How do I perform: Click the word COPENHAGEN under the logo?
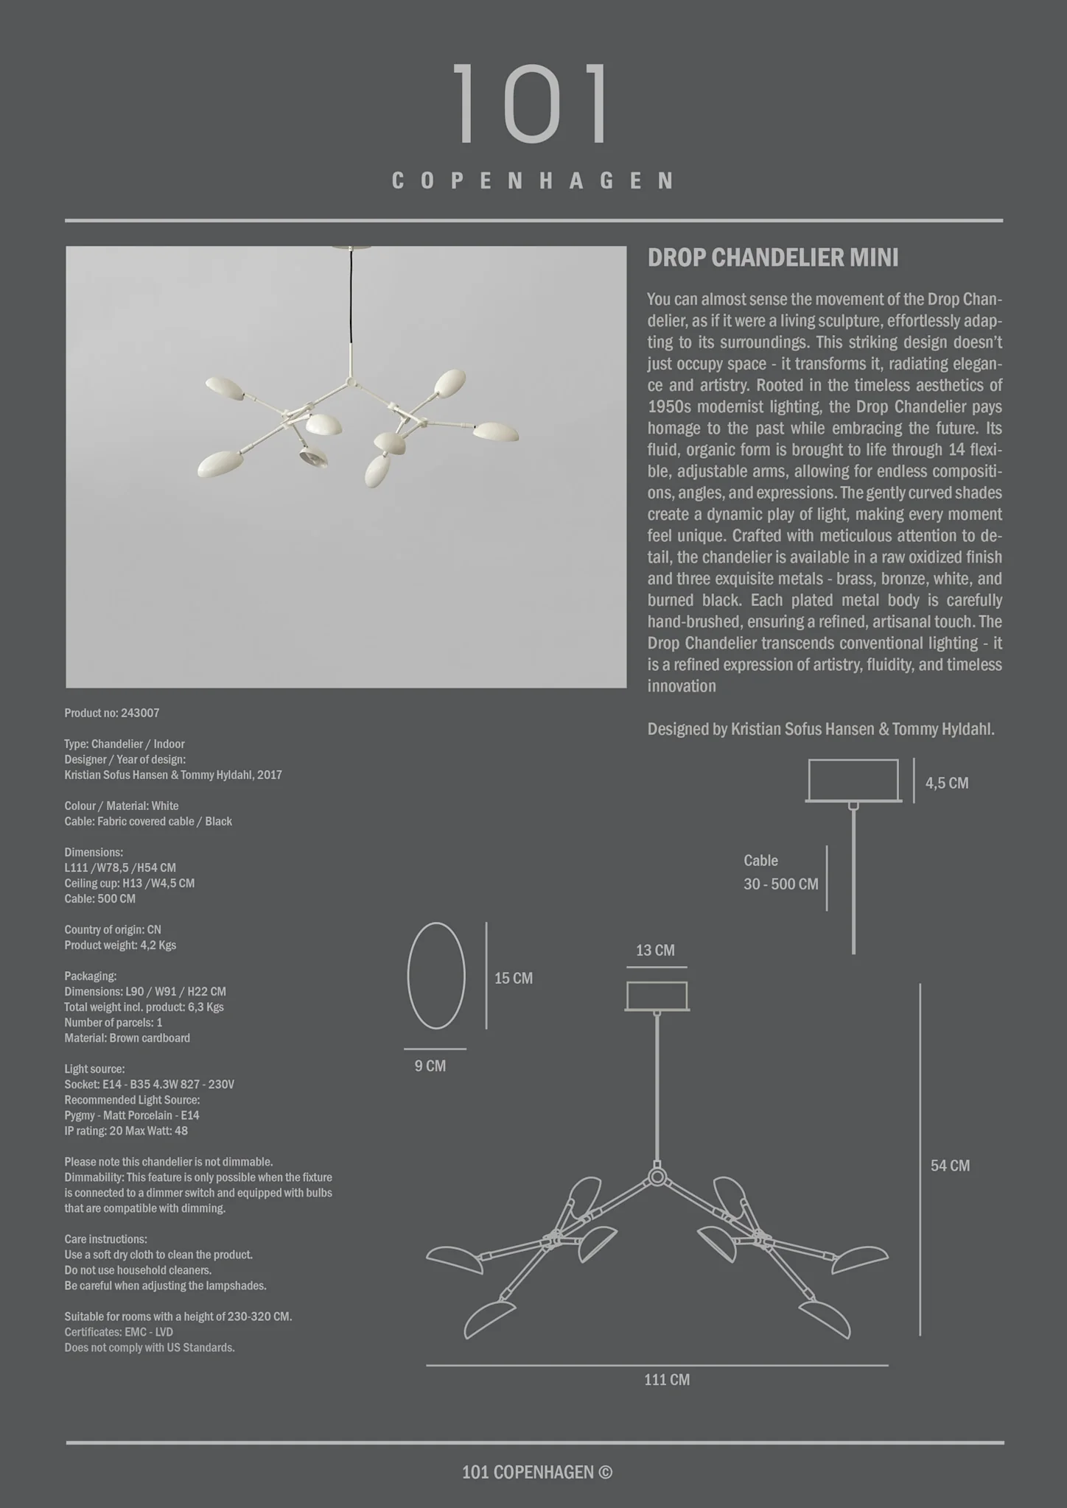click(x=533, y=181)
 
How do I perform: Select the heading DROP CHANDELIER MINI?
click(x=772, y=258)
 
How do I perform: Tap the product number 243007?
click(x=140, y=713)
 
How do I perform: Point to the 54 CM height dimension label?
click(x=950, y=1166)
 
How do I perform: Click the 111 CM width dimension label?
click(x=667, y=1380)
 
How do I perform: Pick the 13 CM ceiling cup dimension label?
click(x=655, y=951)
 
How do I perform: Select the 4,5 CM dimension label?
click(x=947, y=783)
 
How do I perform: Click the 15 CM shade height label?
click(x=513, y=979)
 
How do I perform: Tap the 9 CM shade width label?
click(x=430, y=1066)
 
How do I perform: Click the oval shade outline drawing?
click(x=436, y=976)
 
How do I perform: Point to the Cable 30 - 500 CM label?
click(x=780, y=873)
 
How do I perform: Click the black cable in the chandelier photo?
click(x=351, y=295)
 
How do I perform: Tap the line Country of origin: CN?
click(x=113, y=929)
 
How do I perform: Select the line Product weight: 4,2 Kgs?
click(x=120, y=945)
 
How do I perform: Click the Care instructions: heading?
click(x=105, y=1239)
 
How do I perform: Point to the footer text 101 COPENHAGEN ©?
click(x=536, y=1472)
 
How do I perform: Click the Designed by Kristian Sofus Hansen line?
click(x=820, y=730)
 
